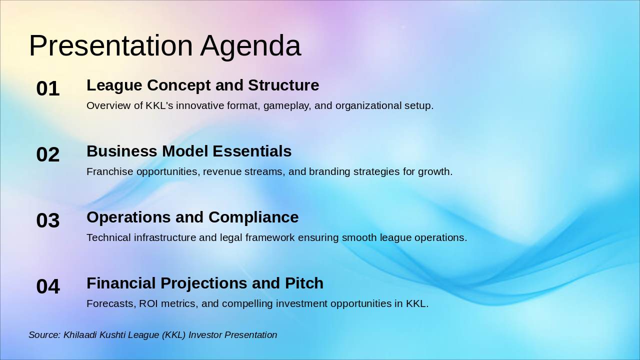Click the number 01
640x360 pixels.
tap(48, 88)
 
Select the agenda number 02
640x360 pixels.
tap(48, 154)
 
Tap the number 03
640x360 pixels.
tap(48, 220)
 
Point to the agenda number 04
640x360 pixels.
tap(48, 286)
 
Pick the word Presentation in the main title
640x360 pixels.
tap(111, 45)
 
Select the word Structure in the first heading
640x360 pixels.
tap(283, 85)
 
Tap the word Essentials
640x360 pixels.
tap(252, 151)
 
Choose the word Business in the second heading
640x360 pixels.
tap(121, 151)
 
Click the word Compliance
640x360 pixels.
tap(253, 217)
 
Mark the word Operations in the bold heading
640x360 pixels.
tap(128, 217)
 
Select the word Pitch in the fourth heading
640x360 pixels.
tap(304, 283)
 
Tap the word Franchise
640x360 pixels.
tap(109, 171)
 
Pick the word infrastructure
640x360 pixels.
tap(165, 237)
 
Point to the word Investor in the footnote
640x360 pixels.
tap(205, 335)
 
